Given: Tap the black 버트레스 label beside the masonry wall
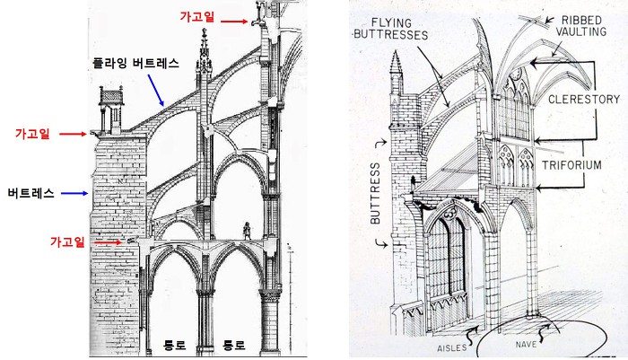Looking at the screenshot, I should [x=31, y=192].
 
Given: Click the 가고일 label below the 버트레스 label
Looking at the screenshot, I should [x=71, y=242].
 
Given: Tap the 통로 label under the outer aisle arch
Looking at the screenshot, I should [x=175, y=343].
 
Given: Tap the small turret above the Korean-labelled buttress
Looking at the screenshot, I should [x=110, y=106].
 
